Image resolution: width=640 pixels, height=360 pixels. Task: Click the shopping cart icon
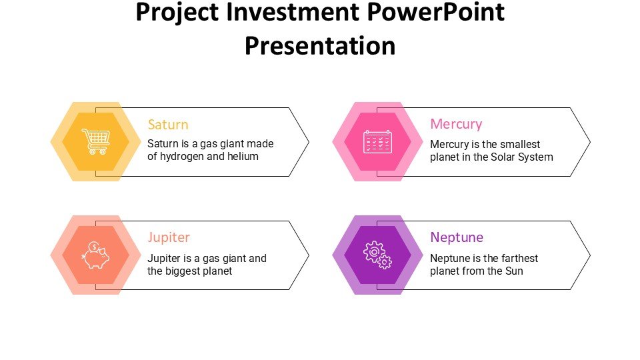(x=96, y=141)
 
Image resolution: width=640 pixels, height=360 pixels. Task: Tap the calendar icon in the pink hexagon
(x=378, y=141)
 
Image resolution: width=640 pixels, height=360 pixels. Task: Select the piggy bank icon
(x=96, y=255)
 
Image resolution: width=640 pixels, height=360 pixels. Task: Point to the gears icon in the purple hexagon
(x=377, y=255)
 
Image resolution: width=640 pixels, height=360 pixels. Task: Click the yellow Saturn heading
(x=168, y=125)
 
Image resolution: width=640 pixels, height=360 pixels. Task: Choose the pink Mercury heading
(x=456, y=124)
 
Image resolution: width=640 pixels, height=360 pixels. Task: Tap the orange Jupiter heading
(x=169, y=237)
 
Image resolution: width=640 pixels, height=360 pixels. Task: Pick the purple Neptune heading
(x=457, y=237)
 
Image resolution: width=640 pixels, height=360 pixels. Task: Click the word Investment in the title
(x=293, y=12)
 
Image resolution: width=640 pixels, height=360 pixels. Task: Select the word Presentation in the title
(x=320, y=46)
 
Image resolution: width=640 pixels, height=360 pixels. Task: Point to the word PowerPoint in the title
(x=435, y=12)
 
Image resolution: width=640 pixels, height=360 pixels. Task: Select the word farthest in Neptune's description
(x=519, y=259)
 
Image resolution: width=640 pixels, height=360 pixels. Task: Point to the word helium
(x=243, y=156)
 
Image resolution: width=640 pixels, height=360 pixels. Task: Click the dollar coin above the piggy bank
(x=94, y=247)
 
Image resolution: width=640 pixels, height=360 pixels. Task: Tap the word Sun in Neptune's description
(x=514, y=271)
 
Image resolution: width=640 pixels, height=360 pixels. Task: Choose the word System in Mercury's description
(x=536, y=157)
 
